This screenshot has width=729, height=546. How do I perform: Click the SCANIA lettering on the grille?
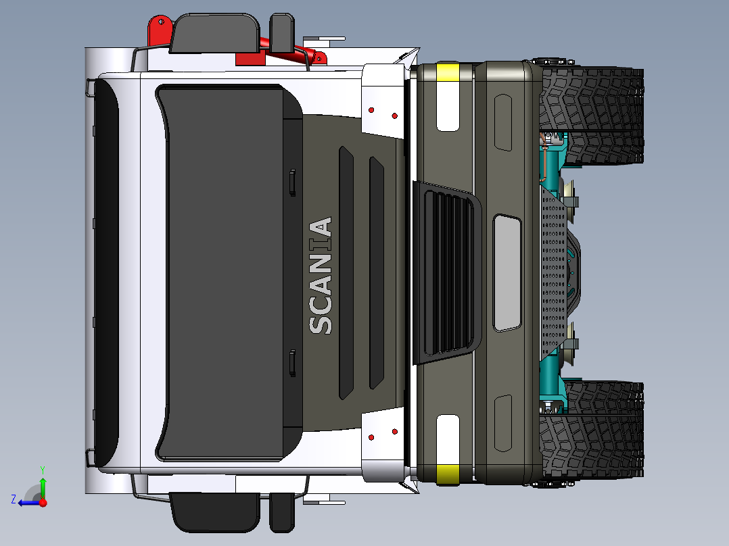pyautogui.click(x=321, y=276)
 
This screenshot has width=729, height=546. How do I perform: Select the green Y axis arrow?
pyautogui.click(x=43, y=485)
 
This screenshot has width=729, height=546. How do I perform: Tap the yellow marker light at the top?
pyautogui.click(x=448, y=72)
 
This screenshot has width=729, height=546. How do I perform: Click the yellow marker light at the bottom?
pyautogui.click(x=448, y=474)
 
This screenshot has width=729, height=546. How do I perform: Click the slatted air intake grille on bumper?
pyautogui.click(x=446, y=273)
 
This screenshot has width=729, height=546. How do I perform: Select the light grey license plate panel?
pyautogui.click(x=507, y=273)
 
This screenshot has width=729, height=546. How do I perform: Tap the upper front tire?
pyautogui.click(x=591, y=116)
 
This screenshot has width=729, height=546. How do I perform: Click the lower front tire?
pyautogui.click(x=591, y=430)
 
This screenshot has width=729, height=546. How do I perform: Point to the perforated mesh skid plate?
pyautogui.click(x=553, y=273)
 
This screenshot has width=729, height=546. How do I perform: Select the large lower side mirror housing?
pyautogui.click(x=215, y=512)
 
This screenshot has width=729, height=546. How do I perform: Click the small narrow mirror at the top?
pyautogui.click(x=282, y=32)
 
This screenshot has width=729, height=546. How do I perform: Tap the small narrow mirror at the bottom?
pyautogui.click(x=282, y=512)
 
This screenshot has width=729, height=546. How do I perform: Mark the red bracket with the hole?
pyautogui.click(x=160, y=30)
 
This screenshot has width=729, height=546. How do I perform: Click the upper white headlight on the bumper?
pyautogui.click(x=448, y=106)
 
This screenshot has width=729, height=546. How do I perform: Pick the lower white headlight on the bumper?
pyautogui.click(x=448, y=440)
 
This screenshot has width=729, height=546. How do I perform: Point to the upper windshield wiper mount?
pyautogui.click(x=292, y=182)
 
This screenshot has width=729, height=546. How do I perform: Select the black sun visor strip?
pyautogui.click(x=106, y=273)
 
